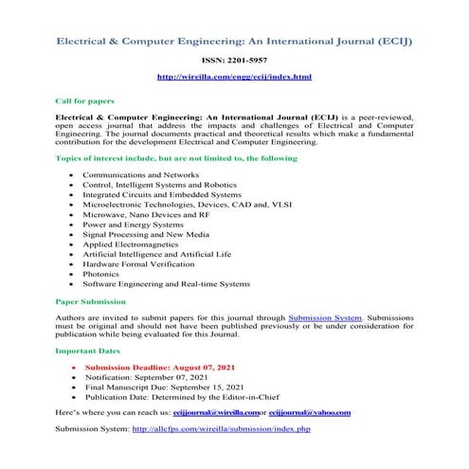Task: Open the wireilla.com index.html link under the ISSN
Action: coord(233,76)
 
